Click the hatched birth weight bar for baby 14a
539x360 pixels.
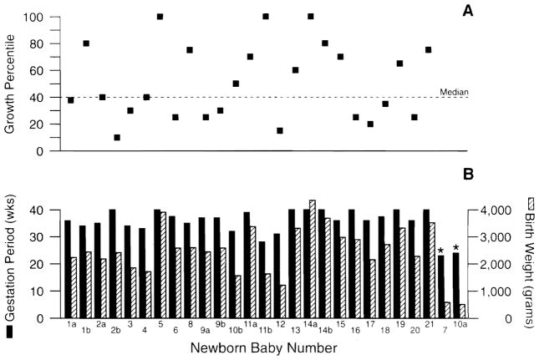pyautogui.click(x=312, y=259)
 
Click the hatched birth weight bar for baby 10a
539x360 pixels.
pyautogui.click(x=461, y=312)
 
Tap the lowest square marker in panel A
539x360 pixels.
pyautogui.click(x=117, y=137)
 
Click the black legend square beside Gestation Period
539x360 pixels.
pyautogui.click(x=11, y=332)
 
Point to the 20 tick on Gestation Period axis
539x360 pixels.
pyautogui.click(x=39, y=265)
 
